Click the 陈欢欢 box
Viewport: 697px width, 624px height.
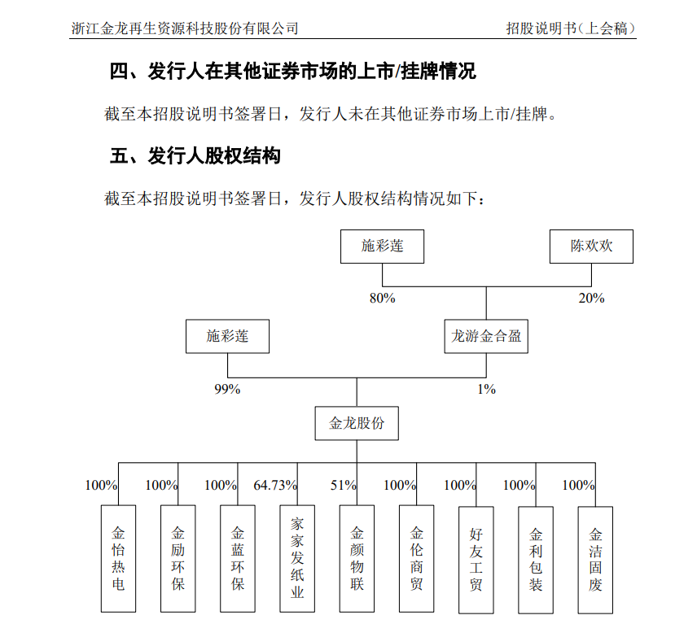click(x=591, y=247)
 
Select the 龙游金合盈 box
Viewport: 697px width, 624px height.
click(x=486, y=336)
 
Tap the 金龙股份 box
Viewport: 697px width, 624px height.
click(x=357, y=423)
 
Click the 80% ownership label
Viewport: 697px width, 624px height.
click(x=382, y=298)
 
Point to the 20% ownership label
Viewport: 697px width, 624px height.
click(x=591, y=298)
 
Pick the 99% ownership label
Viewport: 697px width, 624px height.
click(x=227, y=389)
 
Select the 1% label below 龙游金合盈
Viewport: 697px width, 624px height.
click(x=486, y=389)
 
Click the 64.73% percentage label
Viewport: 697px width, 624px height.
click(x=275, y=485)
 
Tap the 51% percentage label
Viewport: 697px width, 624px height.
click(x=343, y=485)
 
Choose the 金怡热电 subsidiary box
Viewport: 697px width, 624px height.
click(x=118, y=559)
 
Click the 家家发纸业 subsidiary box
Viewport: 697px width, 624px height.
click(x=297, y=559)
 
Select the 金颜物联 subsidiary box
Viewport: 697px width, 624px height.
click(x=357, y=559)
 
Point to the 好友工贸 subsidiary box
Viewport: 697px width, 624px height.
click(x=476, y=560)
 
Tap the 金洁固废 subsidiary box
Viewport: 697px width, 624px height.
click(x=595, y=560)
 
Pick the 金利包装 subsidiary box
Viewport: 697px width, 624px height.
click(x=536, y=560)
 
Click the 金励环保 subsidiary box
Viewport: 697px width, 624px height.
click(x=178, y=559)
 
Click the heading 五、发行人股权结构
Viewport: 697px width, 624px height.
click(x=195, y=156)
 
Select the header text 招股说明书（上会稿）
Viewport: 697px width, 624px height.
click(x=571, y=28)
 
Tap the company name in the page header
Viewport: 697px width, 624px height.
click(x=185, y=28)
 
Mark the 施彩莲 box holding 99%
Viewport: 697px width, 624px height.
click(x=228, y=336)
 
